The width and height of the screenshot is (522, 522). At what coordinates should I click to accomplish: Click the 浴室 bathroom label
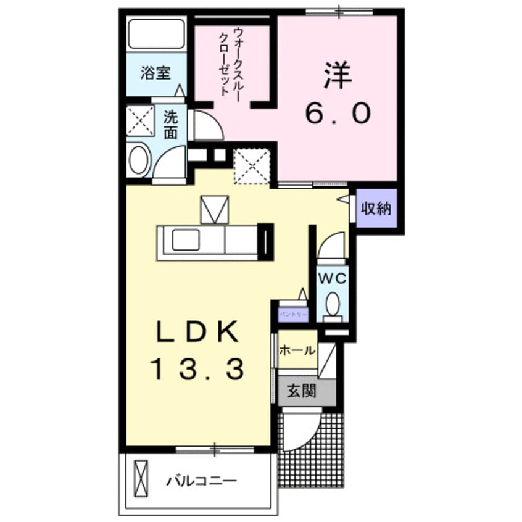coord(155,73)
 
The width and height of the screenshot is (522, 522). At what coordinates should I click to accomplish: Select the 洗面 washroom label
coord(171,123)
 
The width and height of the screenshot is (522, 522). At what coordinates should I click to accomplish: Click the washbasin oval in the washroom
coord(139,160)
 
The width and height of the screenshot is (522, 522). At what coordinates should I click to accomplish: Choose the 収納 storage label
coord(376,209)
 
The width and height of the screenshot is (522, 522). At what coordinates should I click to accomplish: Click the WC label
coord(332,278)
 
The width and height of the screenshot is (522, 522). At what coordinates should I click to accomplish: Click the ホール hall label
coord(297,350)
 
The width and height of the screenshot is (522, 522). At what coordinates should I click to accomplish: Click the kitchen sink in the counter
coord(185,239)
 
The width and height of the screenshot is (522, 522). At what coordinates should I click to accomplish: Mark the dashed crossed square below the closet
coord(252,166)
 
